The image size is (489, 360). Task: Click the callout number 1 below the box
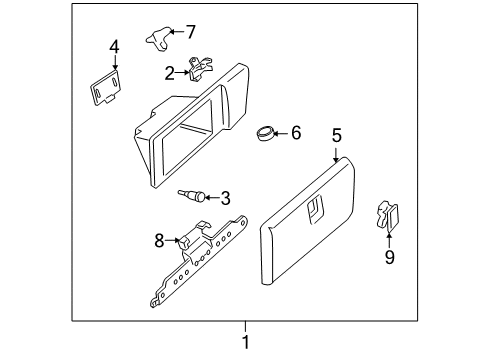[x=244, y=343]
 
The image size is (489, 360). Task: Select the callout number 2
[x=170, y=71]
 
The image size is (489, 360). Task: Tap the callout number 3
[x=225, y=197]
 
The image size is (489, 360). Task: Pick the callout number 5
[x=337, y=134]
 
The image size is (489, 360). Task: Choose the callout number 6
[x=295, y=132]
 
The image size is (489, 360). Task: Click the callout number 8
[x=158, y=240]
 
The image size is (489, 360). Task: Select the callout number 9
[x=389, y=257]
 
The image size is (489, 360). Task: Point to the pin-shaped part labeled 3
[x=193, y=197]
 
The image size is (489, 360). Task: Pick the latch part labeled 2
[x=200, y=70]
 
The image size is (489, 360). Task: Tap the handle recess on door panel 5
[x=314, y=207]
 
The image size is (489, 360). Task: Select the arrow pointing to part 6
[x=281, y=132]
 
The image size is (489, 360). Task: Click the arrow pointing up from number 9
[x=389, y=238]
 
